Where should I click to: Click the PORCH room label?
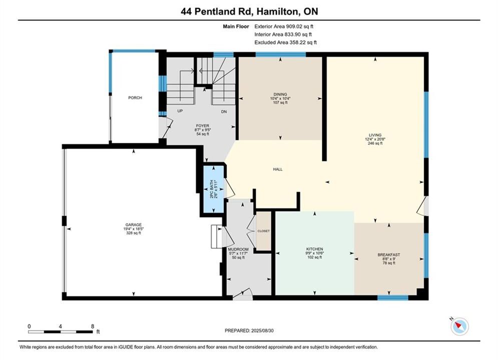pos(135,97)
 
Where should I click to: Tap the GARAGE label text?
pos(134,224)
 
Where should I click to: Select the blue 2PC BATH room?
pos(213,189)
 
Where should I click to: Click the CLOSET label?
pos(263,231)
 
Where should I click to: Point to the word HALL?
pos(278,169)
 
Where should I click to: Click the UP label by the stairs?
pos(180,111)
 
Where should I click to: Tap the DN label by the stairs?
pos(224,111)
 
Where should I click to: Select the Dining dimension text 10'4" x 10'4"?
pos(280,98)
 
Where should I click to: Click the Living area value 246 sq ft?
pos(375,143)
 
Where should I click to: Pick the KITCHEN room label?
pos(315,249)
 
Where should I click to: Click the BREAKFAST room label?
pos(389,254)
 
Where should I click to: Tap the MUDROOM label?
pos(238,249)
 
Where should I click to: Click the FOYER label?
pos(203,126)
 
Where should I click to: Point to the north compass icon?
pos(459,325)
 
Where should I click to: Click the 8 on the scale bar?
pos(93,326)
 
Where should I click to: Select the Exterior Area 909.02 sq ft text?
pos(284,26)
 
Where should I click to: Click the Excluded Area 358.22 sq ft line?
pos(285,42)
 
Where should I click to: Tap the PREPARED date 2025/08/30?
pos(262,330)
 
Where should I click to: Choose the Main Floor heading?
pos(236,26)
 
